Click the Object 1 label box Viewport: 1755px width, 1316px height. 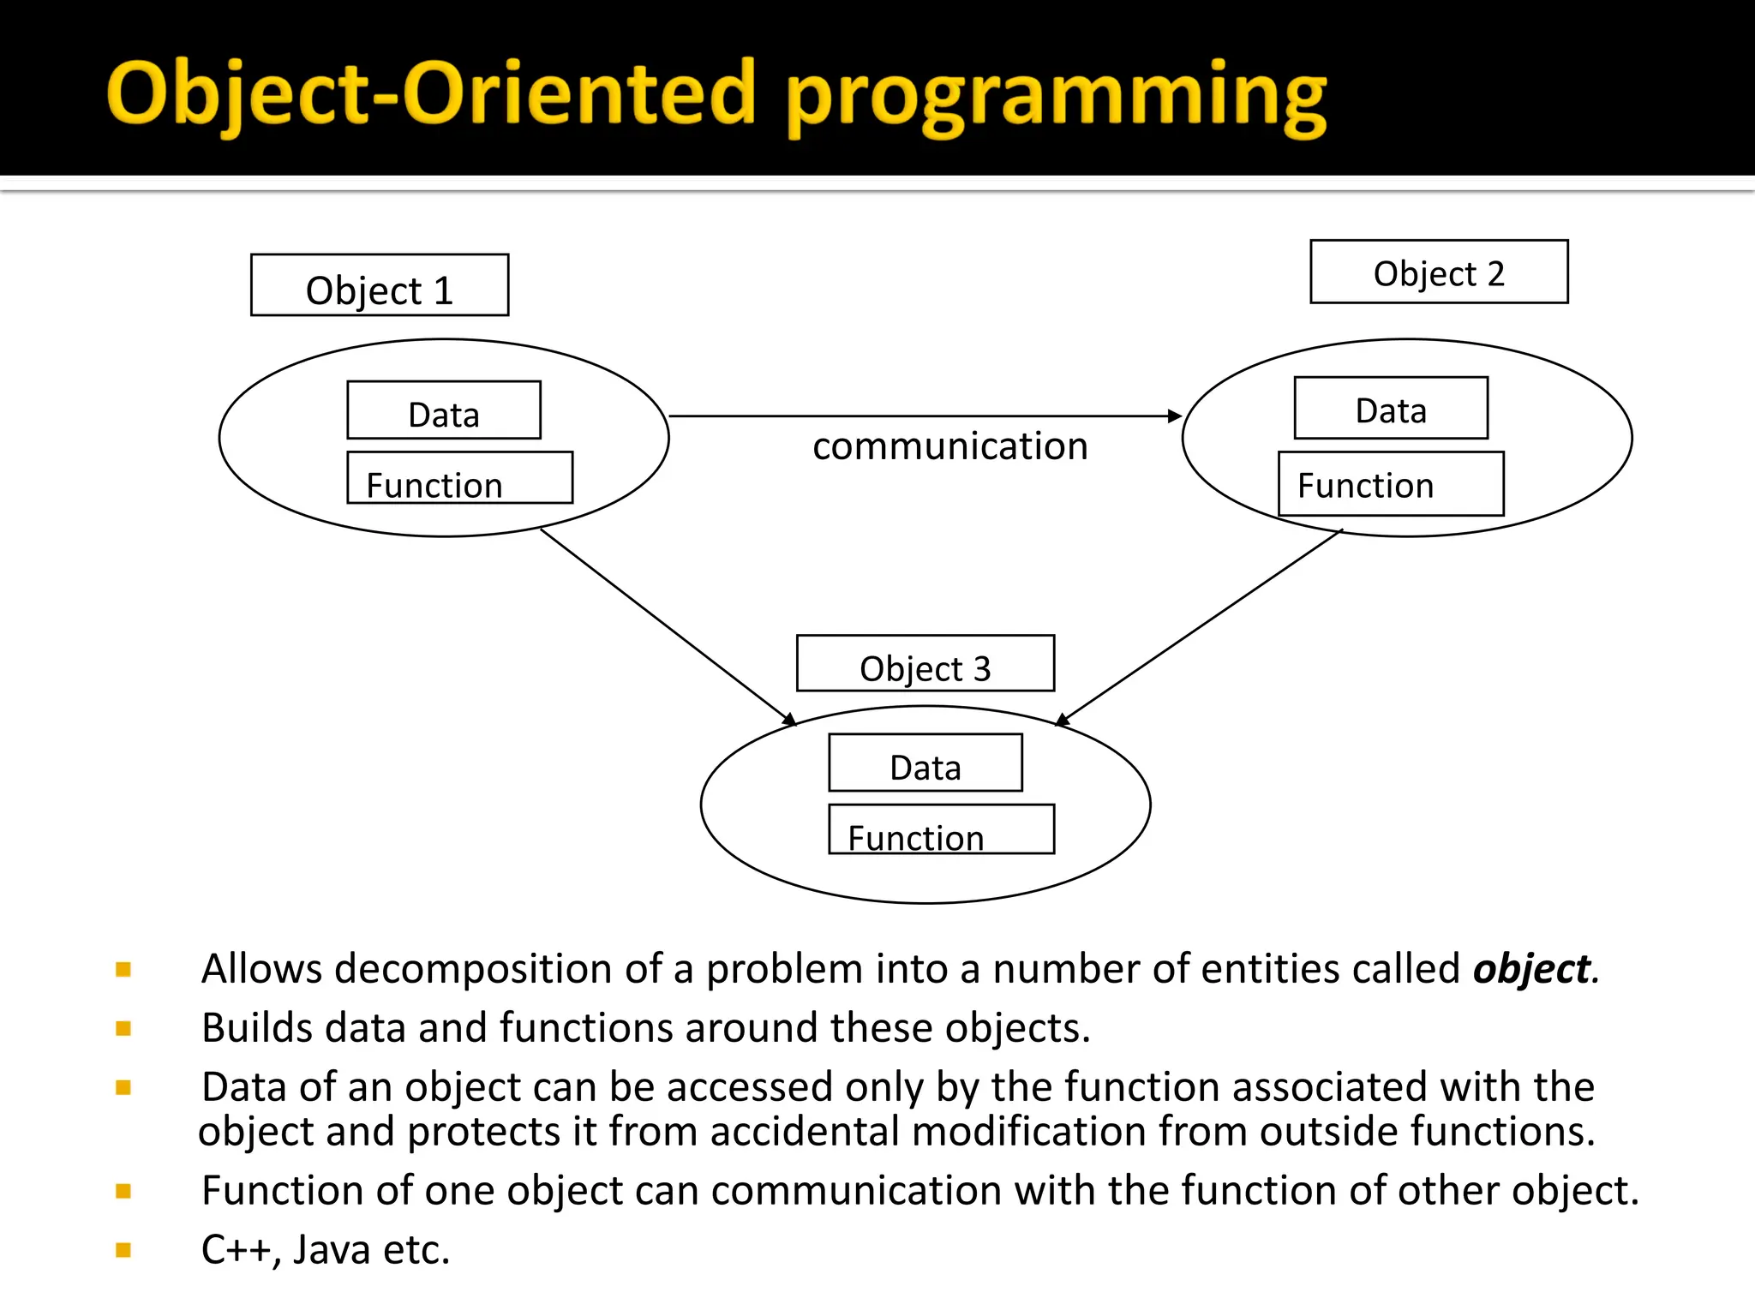(380, 285)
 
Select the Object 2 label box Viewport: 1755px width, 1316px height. (1439, 272)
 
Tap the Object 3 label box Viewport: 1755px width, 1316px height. (925, 663)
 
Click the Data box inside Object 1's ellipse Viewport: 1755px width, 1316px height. (444, 410)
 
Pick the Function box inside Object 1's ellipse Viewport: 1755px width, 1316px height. (459, 478)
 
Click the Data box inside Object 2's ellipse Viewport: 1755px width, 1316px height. (1391, 408)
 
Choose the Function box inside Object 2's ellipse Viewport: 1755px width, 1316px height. (1391, 484)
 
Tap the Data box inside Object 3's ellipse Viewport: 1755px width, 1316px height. (925, 763)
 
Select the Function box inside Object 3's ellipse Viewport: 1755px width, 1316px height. (941, 829)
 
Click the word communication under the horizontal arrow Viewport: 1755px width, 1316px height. (949, 447)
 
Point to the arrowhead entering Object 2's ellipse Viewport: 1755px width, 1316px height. (1175, 416)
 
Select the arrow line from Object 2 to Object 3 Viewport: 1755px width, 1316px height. (1200, 627)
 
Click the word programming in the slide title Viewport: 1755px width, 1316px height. (1056, 96)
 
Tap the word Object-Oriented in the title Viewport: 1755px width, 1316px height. (431, 94)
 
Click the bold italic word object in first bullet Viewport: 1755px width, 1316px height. (1530, 970)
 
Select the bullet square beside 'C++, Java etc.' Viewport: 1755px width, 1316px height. (123, 1250)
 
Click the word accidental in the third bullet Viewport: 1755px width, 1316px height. (806, 1132)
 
